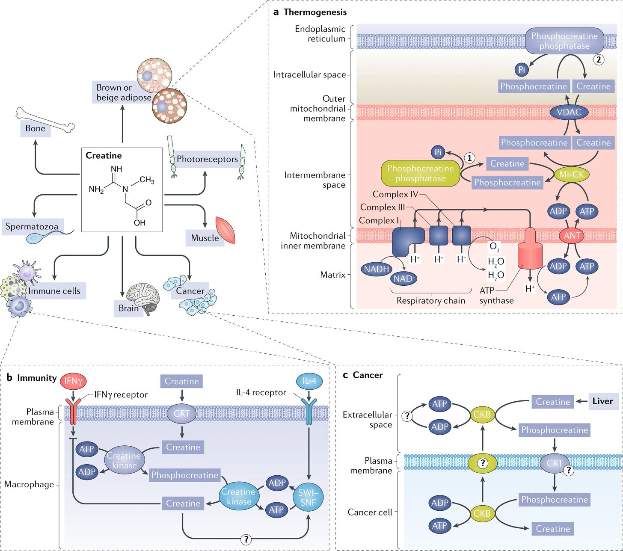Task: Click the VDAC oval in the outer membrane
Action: coord(569,112)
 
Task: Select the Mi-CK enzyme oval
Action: coord(571,175)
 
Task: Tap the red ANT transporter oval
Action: coord(572,236)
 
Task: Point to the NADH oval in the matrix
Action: coord(377,269)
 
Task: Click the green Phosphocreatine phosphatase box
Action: coord(420,173)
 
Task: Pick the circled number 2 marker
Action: coord(599,59)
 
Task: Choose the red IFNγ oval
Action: coord(73,381)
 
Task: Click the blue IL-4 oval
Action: coord(309,381)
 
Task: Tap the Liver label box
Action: coord(603,401)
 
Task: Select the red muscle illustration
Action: coord(225,230)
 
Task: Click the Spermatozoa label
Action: coord(32,227)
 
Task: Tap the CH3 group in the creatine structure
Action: coord(147,180)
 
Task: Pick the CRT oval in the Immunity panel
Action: coord(181,413)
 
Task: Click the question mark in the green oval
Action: coord(483,463)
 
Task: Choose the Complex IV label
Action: coord(395,194)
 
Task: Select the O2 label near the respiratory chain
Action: coord(495,246)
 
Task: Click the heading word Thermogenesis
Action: coord(315,12)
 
